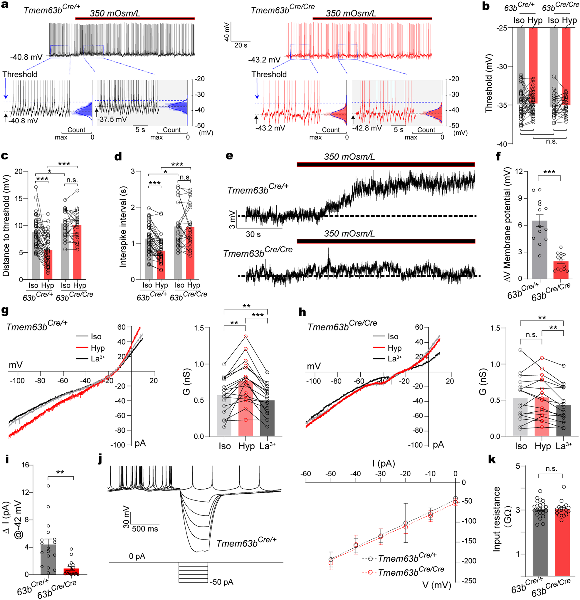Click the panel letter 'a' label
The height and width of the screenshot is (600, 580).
pyautogui.click(x=5, y=5)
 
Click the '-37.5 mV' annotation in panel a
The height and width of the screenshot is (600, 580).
pyautogui.click(x=112, y=120)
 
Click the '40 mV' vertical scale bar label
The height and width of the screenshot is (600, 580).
pyautogui.click(x=227, y=31)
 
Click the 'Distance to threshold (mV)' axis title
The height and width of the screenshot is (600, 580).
pyautogui.click(x=6, y=226)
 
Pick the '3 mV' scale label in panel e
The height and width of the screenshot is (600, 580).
pyautogui.click(x=232, y=219)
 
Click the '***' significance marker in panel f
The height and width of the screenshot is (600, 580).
pyautogui.click(x=549, y=172)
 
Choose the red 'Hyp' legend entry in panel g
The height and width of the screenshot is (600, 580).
pyautogui.click(x=97, y=348)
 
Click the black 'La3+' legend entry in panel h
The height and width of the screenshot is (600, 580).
pyautogui.click(x=394, y=359)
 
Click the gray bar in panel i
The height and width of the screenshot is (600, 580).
pyautogui.click(x=48, y=560)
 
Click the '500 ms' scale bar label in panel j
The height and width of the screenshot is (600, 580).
pyautogui.click(x=145, y=529)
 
